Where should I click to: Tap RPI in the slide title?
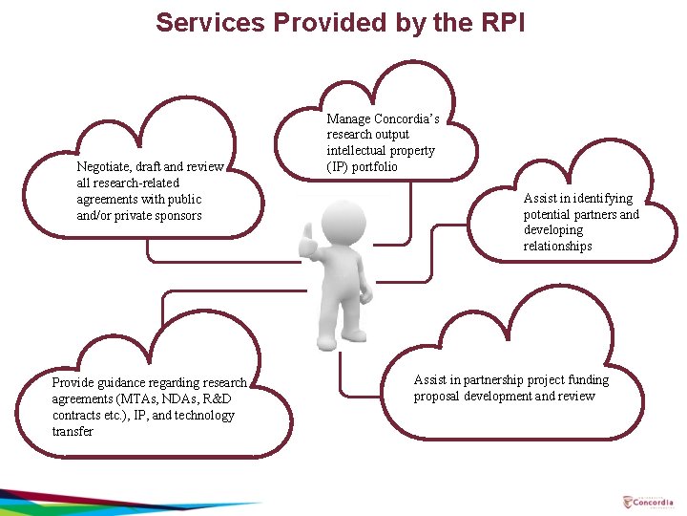[x=499, y=22]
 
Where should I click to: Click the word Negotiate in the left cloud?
[x=103, y=166]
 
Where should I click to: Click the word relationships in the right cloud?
[x=558, y=246]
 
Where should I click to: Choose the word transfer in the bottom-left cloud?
[x=73, y=431]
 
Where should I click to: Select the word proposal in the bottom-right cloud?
[x=436, y=396]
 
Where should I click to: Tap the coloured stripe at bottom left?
[x=114, y=502]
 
